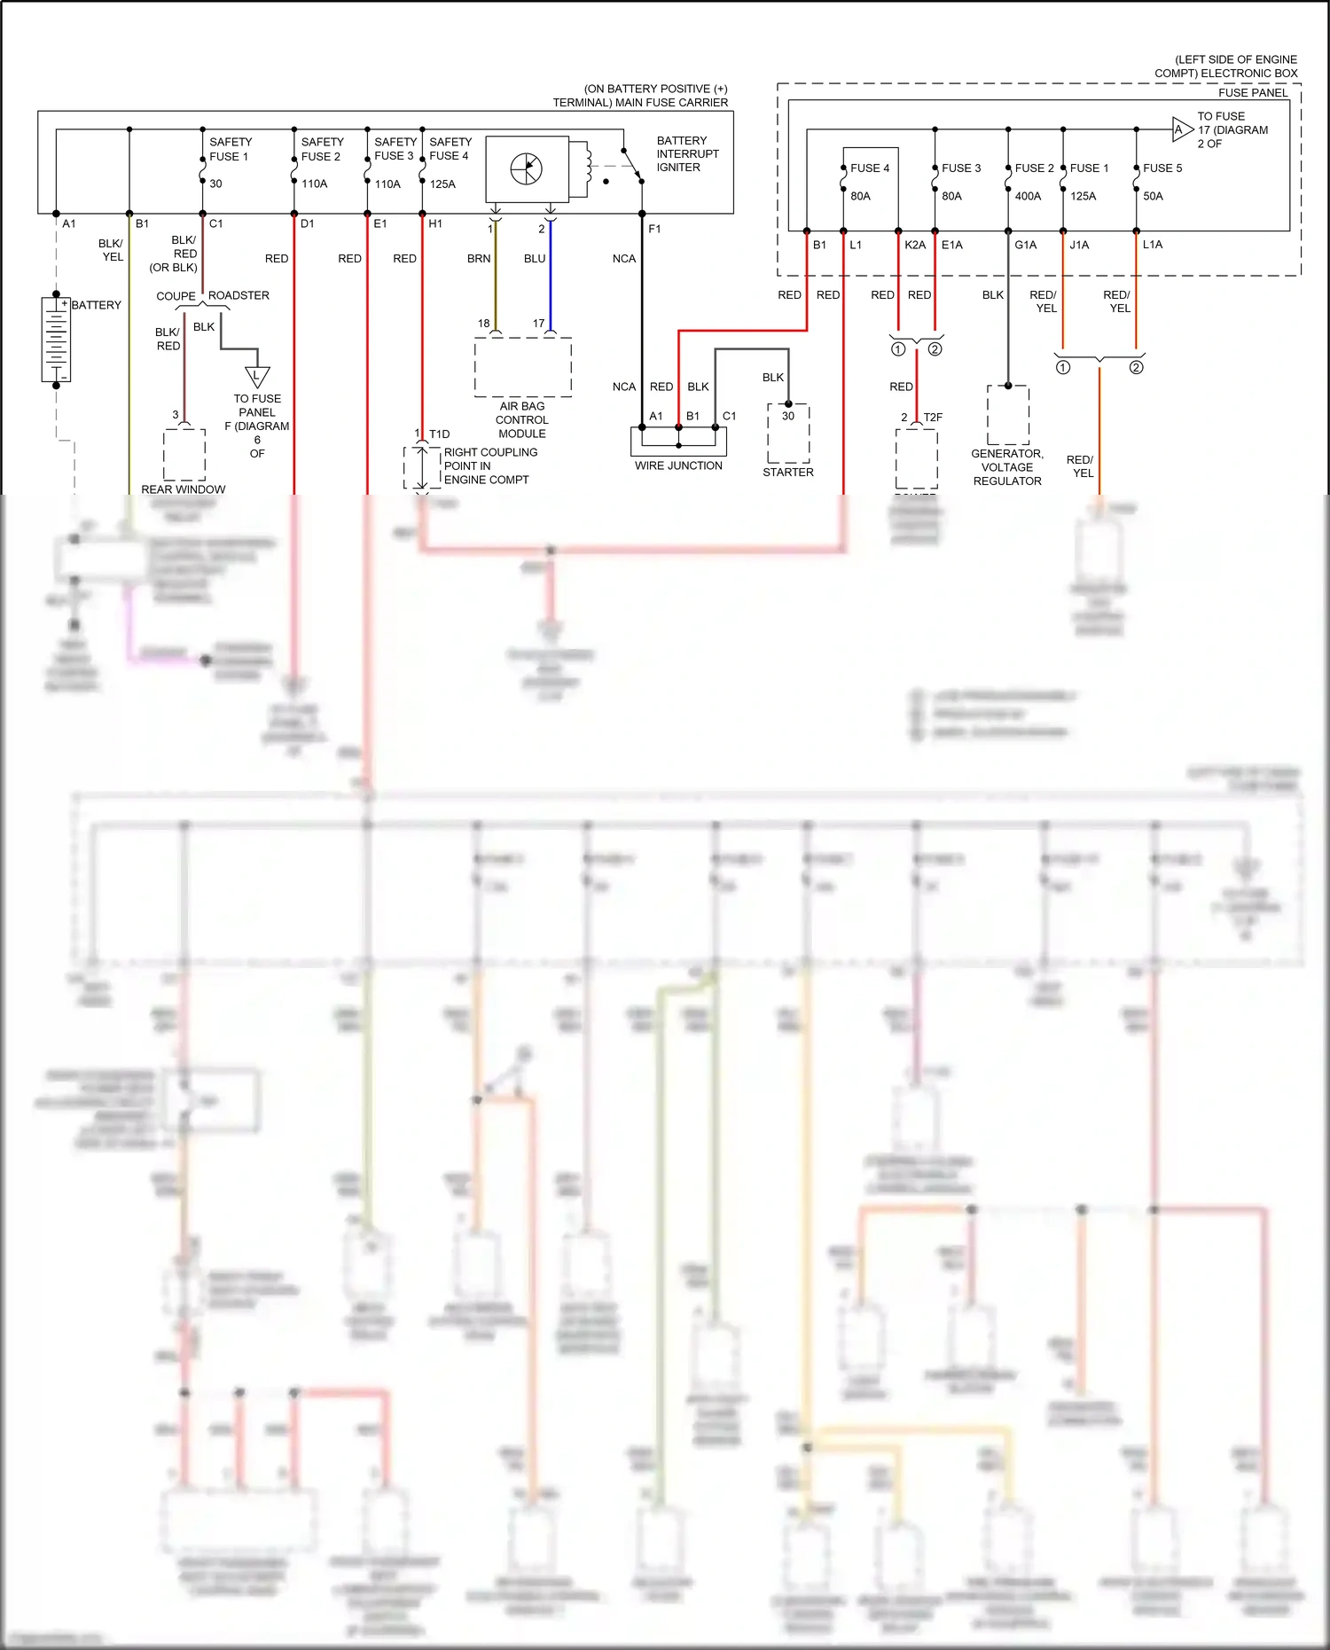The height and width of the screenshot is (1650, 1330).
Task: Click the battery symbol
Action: (x=56, y=340)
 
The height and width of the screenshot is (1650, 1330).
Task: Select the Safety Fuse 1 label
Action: (x=230, y=149)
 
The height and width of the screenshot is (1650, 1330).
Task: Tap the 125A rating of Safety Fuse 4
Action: (x=442, y=184)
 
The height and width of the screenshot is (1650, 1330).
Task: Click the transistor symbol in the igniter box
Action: (x=527, y=168)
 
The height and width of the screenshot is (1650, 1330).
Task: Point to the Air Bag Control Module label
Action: (x=522, y=419)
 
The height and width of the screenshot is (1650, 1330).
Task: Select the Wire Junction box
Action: (x=678, y=441)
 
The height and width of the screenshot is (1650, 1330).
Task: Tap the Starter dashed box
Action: (x=788, y=434)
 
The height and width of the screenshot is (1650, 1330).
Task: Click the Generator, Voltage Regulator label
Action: (x=1007, y=467)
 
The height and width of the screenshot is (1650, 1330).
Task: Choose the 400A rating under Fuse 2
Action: (x=1028, y=196)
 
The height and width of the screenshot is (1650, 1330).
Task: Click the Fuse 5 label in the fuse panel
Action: (x=1162, y=168)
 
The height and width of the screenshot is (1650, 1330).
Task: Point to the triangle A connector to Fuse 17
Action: (x=1181, y=129)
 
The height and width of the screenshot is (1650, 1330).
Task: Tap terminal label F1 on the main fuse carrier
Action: (x=654, y=229)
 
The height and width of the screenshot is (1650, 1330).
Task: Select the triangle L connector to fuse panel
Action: (x=257, y=376)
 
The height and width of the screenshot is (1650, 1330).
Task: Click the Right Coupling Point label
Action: (x=489, y=465)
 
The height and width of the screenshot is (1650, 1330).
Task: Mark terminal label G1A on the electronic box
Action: (x=1025, y=245)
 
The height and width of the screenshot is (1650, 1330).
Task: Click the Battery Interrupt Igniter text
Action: (x=687, y=153)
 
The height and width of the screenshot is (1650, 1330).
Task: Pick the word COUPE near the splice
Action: (x=176, y=296)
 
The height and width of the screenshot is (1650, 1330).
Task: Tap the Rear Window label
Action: (x=184, y=489)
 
